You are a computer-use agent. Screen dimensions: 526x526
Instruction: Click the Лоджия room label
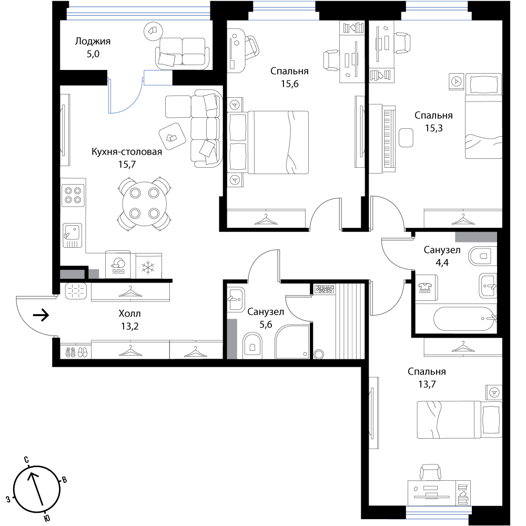[93, 42]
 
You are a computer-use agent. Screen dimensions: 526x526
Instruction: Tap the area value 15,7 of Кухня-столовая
[127, 164]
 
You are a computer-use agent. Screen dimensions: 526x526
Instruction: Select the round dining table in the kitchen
[145, 204]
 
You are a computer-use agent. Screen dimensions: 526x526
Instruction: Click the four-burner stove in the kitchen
[73, 195]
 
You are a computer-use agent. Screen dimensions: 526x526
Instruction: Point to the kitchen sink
[73, 235]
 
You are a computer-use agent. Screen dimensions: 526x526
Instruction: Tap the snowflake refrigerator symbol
[148, 267]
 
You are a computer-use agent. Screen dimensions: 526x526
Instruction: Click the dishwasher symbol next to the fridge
[118, 265]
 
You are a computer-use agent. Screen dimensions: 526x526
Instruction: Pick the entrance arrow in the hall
[41, 315]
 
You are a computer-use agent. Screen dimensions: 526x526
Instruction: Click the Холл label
[129, 313]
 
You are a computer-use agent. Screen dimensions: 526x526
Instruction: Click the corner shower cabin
[292, 341]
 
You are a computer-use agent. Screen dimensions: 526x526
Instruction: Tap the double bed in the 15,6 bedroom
[268, 142]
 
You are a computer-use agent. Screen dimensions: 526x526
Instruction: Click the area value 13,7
[427, 384]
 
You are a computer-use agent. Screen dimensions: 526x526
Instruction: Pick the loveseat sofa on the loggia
[182, 53]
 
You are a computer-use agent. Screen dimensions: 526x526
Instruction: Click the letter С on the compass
[26, 460]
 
